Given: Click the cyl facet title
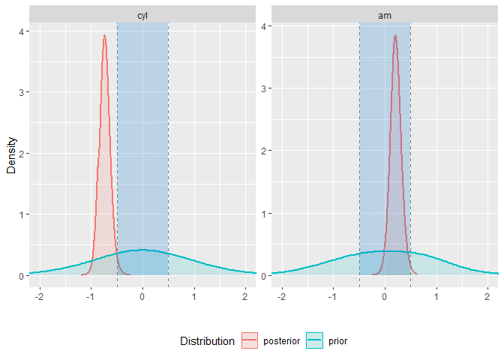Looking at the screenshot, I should pos(142,15).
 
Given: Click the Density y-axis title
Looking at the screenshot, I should pos(11,154).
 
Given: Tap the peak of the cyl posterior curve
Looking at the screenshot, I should pos(105,36).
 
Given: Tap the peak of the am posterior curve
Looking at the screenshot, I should pos(395,36).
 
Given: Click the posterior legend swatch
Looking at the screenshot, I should pos(250,341).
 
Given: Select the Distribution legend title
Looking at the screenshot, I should pos(207,341).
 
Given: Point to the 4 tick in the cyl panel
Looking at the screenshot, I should pos(22,31).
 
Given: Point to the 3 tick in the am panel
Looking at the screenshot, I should pos(265,88).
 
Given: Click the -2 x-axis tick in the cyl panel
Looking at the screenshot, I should pos(39,296).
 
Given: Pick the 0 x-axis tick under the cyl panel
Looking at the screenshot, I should pos(142,296).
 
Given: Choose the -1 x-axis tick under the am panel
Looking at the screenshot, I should pos(332,296).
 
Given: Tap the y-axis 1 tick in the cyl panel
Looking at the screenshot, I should pos(22,214).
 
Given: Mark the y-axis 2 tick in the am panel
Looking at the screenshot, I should pos(265,151).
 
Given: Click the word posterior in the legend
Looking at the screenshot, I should pos(281,341).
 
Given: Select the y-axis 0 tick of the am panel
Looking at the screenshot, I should pos(265,276).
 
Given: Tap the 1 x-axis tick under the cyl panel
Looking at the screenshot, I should pos(194,296).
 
